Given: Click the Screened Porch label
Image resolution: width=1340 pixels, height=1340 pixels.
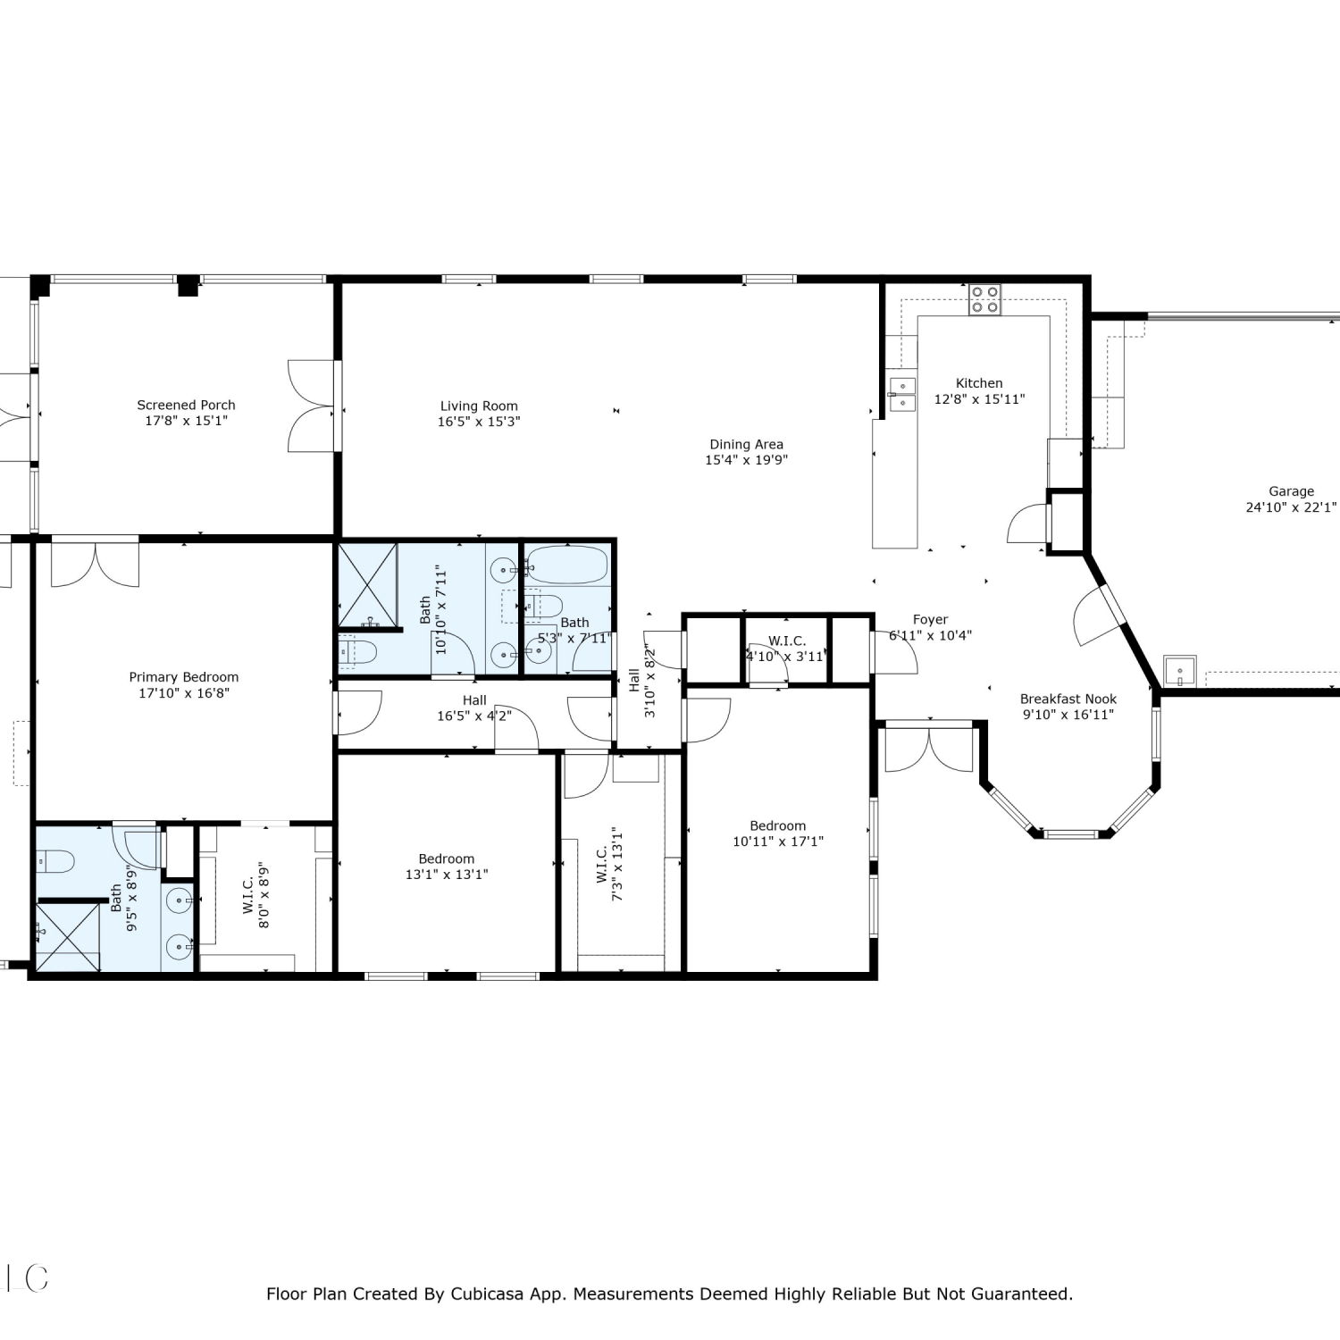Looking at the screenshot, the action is [x=186, y=406].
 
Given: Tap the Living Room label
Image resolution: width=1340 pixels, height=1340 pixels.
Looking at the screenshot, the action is [x=479, y=406].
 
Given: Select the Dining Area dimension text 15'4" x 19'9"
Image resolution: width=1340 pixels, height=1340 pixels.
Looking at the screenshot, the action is [x=747, y=460].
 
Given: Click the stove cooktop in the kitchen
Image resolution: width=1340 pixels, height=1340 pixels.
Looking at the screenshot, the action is [x=984, y=299].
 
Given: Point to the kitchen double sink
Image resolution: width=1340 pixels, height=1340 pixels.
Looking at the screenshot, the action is [x=903, y=395].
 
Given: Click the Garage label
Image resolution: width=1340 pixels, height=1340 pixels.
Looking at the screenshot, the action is [x=1292, y=491].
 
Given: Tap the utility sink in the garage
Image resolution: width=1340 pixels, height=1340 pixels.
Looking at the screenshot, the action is [x=1179, y=670].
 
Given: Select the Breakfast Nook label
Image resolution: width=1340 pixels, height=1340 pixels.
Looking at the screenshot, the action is [x=1068, y=699].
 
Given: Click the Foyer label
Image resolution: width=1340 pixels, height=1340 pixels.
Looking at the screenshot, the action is [x=930, y=620].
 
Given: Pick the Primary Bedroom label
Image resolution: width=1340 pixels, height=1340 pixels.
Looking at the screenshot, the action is [x=184, y=677].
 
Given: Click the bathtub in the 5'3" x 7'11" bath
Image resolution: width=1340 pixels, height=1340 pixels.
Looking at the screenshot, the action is [x=567, y=565].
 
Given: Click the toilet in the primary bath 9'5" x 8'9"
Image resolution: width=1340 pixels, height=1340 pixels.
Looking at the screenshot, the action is [x=54, y=862].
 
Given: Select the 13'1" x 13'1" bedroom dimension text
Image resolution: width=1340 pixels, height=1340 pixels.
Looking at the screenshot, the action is [x=447, y=875].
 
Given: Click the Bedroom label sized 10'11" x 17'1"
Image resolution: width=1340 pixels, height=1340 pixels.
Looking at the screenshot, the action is [x=778, y=826].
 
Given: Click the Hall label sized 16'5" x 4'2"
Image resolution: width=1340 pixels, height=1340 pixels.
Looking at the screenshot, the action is [x=474, y=700].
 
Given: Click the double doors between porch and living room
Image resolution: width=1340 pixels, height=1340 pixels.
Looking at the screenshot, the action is [x=312, y=406].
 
